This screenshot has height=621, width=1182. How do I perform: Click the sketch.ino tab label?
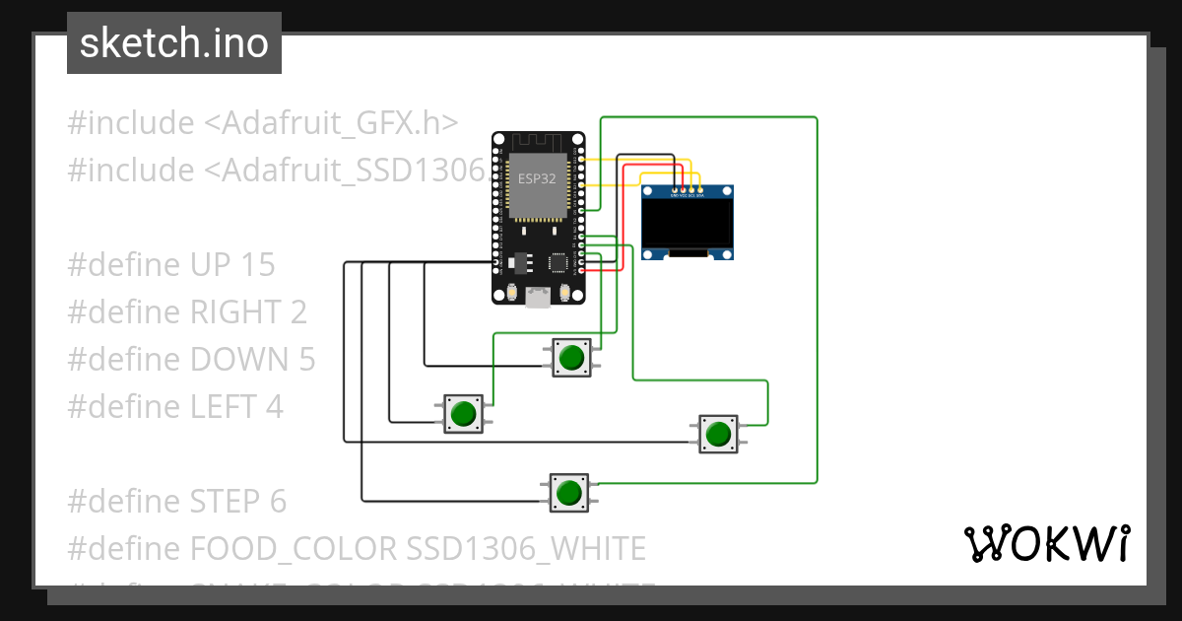[x=173, y=43]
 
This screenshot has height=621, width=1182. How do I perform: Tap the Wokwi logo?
[x=1045, y=543]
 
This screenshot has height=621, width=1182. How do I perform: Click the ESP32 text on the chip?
[x=538, y=178]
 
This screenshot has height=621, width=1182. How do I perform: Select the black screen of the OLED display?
[x=688, y=221]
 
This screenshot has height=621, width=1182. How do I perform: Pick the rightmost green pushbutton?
[x=718, y=434]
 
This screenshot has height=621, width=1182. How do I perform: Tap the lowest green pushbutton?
[x=568, y=492]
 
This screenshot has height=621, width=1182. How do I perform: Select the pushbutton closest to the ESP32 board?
[x=569, y=357]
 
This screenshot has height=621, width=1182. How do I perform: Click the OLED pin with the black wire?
[x=674, y=190]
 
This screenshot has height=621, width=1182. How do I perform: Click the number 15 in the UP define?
[x=256, y=265]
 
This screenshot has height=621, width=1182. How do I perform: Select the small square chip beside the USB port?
[x=559, y=262]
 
